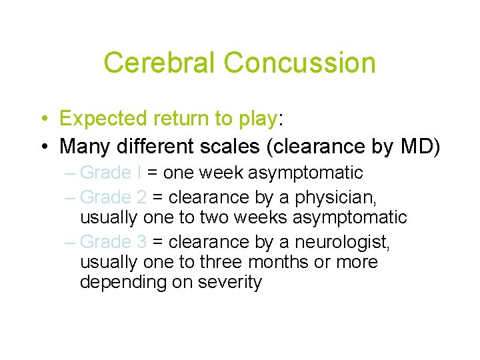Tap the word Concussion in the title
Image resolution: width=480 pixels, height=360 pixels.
(299, 63)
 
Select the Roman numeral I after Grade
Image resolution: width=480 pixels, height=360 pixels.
(139, 173)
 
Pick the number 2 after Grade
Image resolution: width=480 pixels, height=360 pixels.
(141, 197)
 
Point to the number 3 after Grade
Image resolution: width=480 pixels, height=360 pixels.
(141, 242)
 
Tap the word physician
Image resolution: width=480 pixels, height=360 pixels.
(325, 197)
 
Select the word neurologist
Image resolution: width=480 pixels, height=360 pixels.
(340, 242)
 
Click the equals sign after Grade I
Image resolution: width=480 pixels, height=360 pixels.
(152, 173)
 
